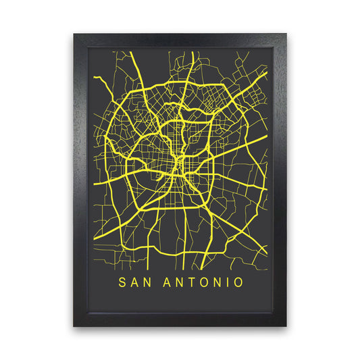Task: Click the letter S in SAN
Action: pos(122,282)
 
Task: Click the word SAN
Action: pos(135,282)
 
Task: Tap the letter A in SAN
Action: pos(135,282)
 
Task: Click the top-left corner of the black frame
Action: pos(74,33)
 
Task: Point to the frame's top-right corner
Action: pos(286,33)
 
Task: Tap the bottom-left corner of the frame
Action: pos(74,326)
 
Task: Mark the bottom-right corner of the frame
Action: pos(286,326)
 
